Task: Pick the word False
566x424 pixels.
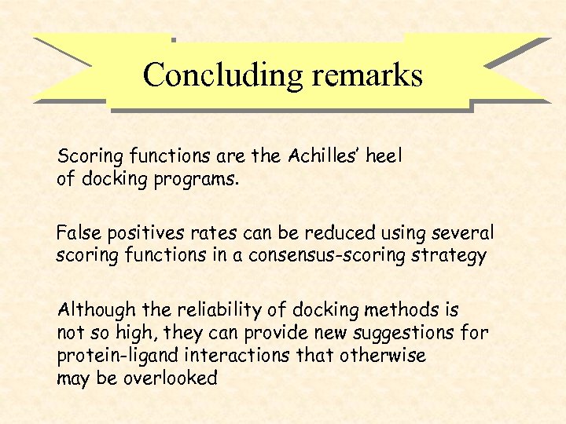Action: point(78,233)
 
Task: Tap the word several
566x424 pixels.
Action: point(464,233)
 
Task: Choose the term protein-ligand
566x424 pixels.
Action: point(111,355)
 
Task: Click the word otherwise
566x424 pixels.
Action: point(383,355)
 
